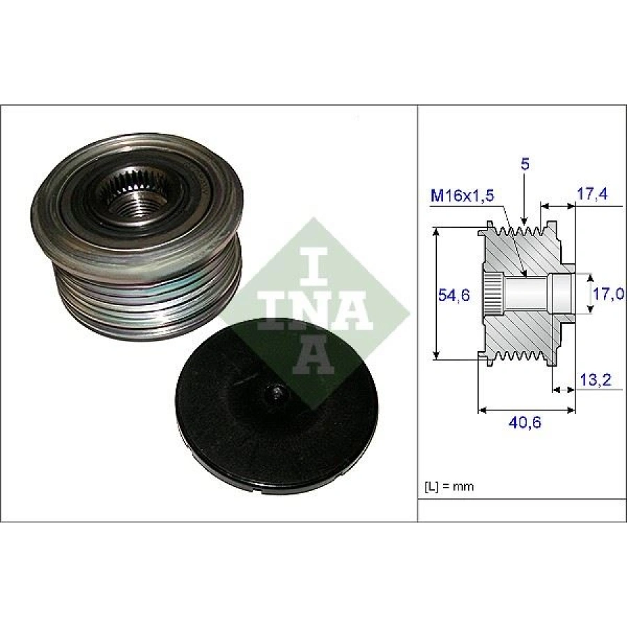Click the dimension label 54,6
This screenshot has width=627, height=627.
(454, 295)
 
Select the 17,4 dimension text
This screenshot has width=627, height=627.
(592, 196)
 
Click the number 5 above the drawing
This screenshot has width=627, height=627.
(525, 164)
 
